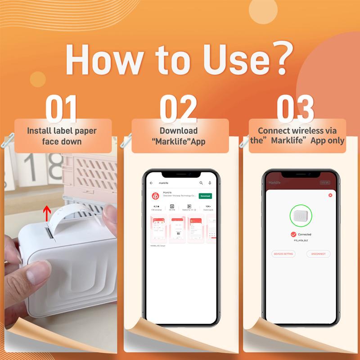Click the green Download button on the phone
205,196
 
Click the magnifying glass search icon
201,183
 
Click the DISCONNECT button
318,254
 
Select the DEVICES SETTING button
283,254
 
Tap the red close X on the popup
330,195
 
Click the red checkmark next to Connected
293,234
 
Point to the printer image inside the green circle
301,217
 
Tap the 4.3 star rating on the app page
156,207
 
